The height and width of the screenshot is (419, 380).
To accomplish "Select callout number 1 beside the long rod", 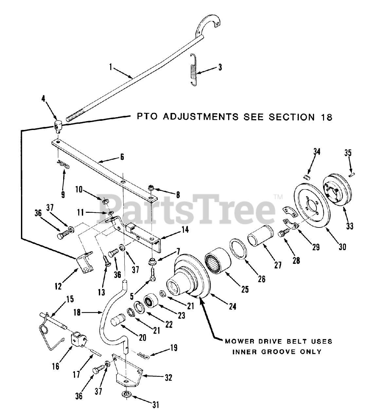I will [x=111, y=67].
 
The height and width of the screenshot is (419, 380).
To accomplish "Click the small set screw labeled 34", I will [x=307, y=177].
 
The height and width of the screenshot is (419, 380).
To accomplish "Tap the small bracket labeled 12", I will [x=85, y=262].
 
